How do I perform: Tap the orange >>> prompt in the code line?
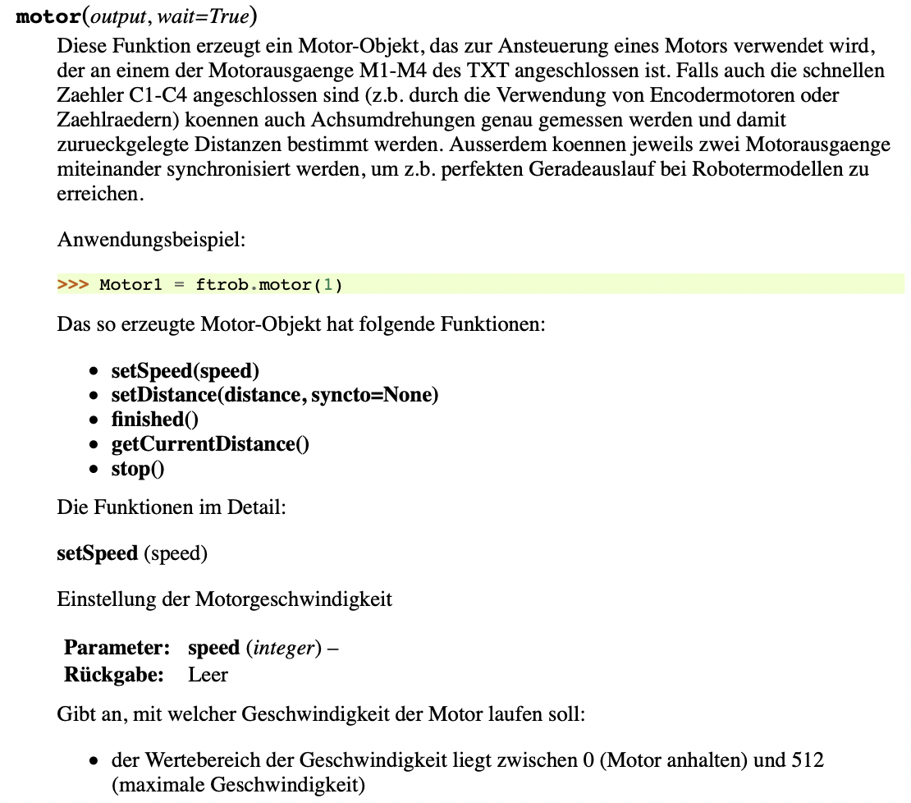[x=73, y=285]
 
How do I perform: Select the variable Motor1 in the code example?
[x=131, y=285]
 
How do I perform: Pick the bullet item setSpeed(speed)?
[x=185, y=371]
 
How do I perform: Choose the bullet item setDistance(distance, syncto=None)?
[x=275, y=396]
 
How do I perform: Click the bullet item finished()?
[x=155, y=420]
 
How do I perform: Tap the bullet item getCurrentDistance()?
[x=210, y=444]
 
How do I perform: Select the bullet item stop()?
[x=138, y=469]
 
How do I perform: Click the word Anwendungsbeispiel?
[x=151, y=241]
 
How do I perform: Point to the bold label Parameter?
[x=117, y=648]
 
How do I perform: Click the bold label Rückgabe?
[x=114, y=675]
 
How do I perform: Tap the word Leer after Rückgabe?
[x=208, y=675]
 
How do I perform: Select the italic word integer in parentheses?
[x=283, y=648]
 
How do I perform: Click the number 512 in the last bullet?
[x=808, y=759]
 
